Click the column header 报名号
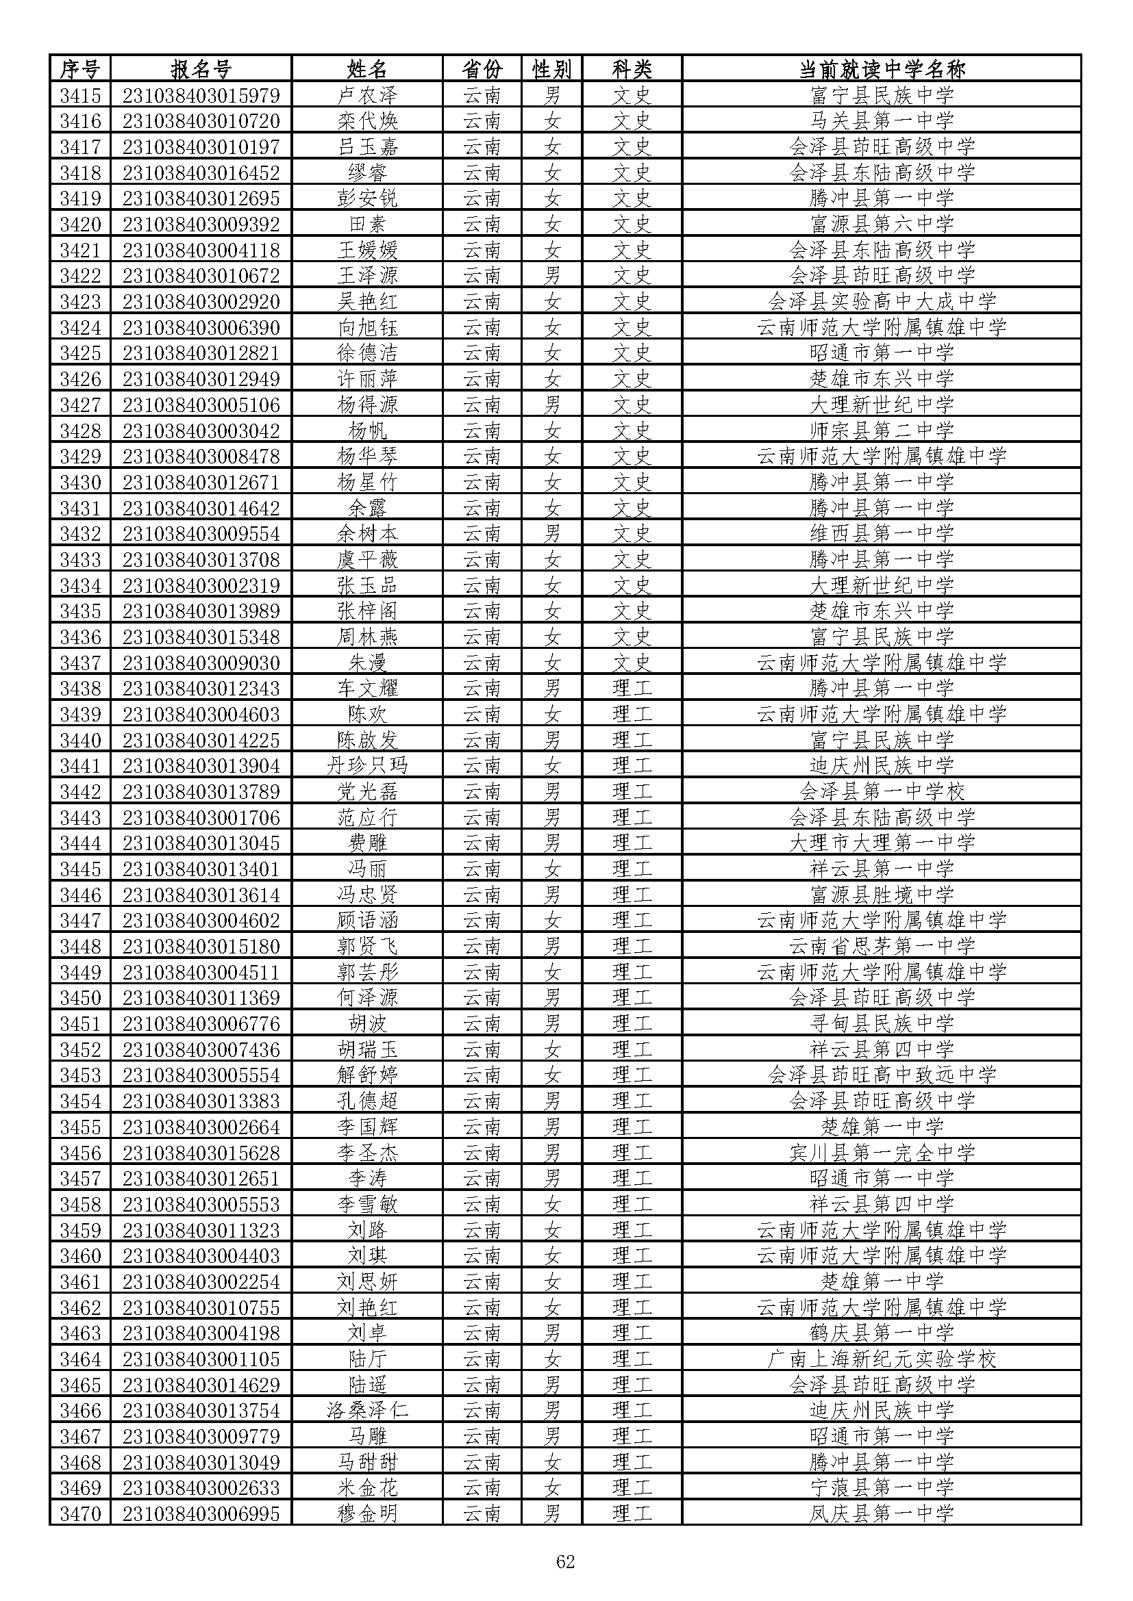(200, 69)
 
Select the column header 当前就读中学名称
(881, 69)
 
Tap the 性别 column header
(551, 69)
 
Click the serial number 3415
(80, 95)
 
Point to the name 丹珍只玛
(367, 766)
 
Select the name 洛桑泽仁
(367, 1410)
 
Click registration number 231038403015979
(201, 95)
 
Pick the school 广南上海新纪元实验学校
(881, 1358)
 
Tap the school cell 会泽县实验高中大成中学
(881, 301)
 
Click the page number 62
(565, 1561)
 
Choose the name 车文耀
(367, 688)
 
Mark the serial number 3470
(80, 1513)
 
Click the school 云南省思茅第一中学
(881, 946)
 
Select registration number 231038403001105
(201, 1358)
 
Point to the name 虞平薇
(367, 559)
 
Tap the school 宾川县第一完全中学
(881, 1153)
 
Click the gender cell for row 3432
(552, 533)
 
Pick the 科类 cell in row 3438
(632, 688)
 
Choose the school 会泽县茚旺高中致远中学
(881, 1075)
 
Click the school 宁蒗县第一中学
(881, 1487)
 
